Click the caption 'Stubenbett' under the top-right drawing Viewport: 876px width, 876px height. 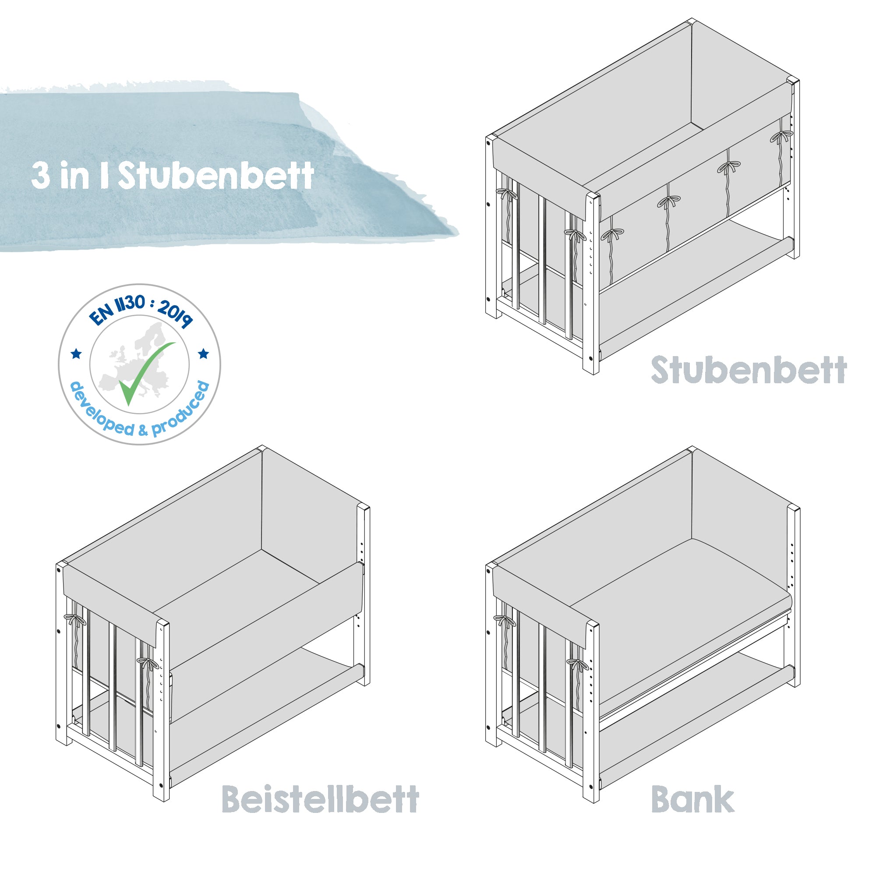[x=749, y=370]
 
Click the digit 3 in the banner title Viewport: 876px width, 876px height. [x=41, y=176]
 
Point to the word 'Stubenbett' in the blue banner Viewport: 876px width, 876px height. [x=216, y=176]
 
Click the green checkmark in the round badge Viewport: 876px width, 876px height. [x=144, y=372]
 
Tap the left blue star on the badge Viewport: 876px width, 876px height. [x=76, y=353]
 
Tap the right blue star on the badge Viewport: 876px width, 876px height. [x=204, y=353]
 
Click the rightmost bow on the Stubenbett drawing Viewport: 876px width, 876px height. [x=781, y=136]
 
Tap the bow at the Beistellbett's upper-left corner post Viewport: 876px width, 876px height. [x=74, y=619]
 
